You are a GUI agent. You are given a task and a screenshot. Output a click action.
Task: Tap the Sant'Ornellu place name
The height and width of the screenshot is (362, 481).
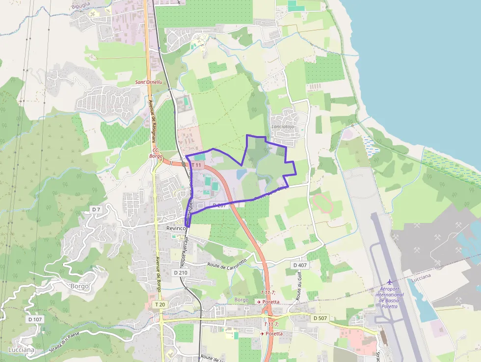click(x=148, y=82)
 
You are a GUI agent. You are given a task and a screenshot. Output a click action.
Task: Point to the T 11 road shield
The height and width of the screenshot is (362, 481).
click(x=196, y=166)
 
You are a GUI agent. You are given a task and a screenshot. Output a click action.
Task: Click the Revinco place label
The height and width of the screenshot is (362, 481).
click(x=176, y=228)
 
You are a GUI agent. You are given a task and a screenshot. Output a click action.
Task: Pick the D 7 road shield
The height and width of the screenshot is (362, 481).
click(x=96, y=210)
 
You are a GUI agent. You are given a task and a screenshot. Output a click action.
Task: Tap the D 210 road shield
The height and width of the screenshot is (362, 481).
click(x=181, y=272)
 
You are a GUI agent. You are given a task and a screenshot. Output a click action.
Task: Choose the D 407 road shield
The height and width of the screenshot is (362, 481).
click(x=299, y=265)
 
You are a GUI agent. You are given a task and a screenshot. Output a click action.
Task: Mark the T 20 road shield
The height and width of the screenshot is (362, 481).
click(x=160, y=305)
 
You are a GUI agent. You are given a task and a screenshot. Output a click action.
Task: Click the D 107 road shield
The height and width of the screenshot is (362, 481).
click(x=35, y=319)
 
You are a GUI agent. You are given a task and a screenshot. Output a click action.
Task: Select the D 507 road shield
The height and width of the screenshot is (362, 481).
click(x=320, y=318)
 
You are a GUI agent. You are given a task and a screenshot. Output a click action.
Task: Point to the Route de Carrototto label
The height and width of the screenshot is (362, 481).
click(x=227, y=264)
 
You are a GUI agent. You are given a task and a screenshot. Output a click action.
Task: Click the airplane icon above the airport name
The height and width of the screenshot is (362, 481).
click(x=390, y=282)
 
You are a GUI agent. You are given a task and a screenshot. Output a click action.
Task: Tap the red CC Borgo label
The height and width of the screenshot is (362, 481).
click(x=155, y=153)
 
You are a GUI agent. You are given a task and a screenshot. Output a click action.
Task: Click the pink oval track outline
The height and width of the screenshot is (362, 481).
click(x=322, y=203)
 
